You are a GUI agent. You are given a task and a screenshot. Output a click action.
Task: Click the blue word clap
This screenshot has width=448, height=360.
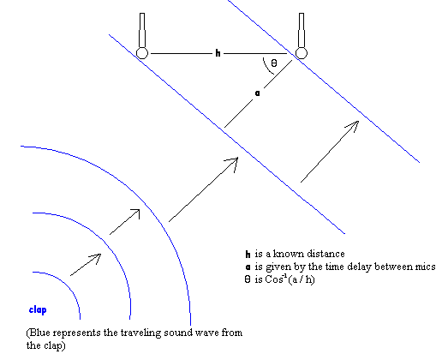(38, 310)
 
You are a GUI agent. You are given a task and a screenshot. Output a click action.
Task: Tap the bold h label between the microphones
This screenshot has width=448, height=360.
(218, 53)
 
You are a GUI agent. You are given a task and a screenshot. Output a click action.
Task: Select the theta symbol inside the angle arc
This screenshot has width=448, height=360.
(274, 63)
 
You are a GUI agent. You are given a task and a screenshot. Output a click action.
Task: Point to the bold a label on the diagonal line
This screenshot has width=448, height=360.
(258, 93)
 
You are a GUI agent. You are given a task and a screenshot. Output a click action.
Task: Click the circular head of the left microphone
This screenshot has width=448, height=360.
(142, 53)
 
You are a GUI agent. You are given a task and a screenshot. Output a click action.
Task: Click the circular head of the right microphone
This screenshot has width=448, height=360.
(302, 53)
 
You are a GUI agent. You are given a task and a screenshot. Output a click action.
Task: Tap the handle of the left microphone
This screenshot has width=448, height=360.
(142, 30)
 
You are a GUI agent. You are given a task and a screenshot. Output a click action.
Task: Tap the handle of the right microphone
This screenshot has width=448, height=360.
(302, 30)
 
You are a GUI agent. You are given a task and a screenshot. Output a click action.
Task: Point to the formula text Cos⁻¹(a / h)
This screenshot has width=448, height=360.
(290, 279)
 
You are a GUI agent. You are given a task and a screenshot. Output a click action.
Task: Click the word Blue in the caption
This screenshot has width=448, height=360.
(40, 333)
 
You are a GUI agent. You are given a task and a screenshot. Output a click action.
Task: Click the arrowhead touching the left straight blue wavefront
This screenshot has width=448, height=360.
(233, 163)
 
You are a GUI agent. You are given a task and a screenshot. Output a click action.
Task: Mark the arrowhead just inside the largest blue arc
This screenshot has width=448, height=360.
(135, 213)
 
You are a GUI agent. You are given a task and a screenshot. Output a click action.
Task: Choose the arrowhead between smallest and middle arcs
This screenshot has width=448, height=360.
(96, 257)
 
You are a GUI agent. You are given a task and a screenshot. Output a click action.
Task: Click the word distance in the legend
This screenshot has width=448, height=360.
(326, 254)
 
